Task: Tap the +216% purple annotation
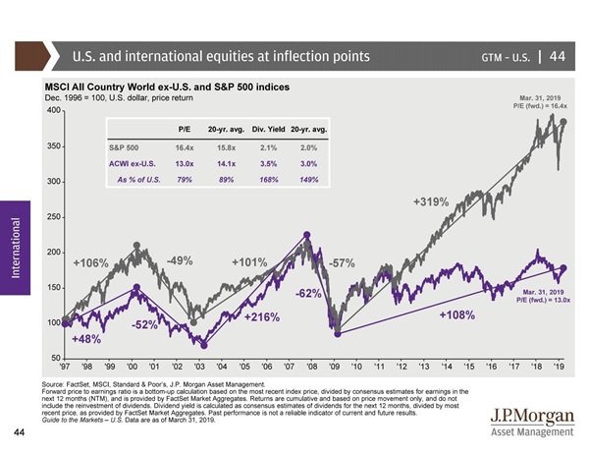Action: point(262,317)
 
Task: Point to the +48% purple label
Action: point(87,338)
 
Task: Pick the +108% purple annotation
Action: point(456,315)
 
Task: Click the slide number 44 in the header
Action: point(557,55)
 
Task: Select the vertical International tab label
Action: point(15,243)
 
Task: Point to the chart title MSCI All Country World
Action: point(167,88)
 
